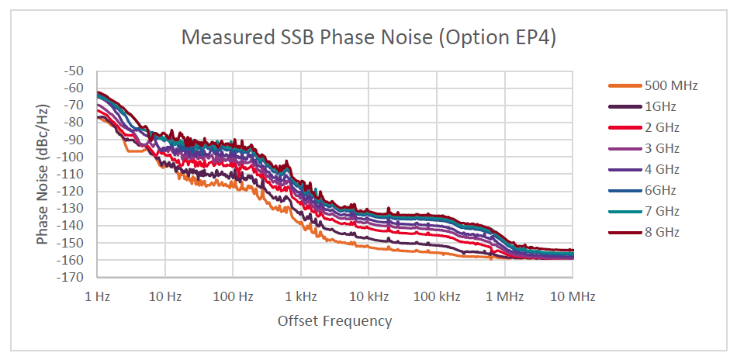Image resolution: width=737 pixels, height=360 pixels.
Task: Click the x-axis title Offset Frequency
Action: click(334, 320)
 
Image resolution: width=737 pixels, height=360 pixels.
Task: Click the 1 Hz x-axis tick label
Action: click(97, 296)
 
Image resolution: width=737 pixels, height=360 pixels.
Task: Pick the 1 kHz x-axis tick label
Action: click(301, 296)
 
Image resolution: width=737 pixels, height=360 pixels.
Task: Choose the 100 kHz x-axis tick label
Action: click(437, 296)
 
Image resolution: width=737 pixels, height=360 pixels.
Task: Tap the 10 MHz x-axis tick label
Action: click(573, 296)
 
